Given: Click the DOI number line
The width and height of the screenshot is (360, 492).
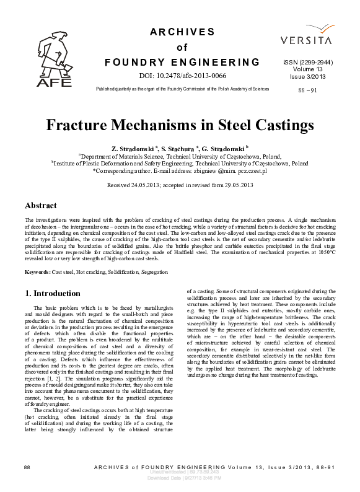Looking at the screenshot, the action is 182,76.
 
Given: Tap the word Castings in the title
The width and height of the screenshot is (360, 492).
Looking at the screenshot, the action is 279,125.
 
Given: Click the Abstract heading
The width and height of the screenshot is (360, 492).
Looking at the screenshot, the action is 40,205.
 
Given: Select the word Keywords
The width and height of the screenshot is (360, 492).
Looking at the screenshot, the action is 37,272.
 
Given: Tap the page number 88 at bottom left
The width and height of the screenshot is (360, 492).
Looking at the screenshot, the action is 27,466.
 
